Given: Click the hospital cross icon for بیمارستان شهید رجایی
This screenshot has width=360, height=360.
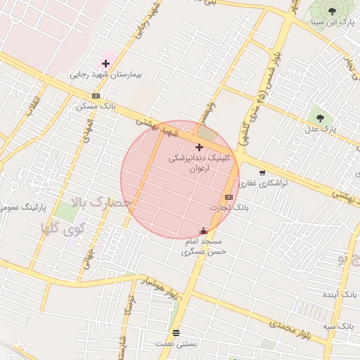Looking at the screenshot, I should (105, 63).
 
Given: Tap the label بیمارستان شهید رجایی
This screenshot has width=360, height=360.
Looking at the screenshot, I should (106, 74).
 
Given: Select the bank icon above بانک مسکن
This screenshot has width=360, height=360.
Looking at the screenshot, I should (96, 96).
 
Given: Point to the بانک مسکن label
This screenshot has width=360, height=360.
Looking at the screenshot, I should (98, 106).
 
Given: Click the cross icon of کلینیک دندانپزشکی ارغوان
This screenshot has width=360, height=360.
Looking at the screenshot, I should (200, 147).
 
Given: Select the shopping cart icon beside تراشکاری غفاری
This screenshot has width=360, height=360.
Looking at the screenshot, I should (262, 173).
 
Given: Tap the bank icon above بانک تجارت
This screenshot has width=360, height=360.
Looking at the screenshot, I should (229, 198).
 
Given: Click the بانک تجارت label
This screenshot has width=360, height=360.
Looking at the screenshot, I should (229, 208).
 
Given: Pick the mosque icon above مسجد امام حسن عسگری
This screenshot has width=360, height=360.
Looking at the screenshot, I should (204, 231).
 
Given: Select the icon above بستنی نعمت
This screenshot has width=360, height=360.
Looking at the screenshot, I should (176, 333).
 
